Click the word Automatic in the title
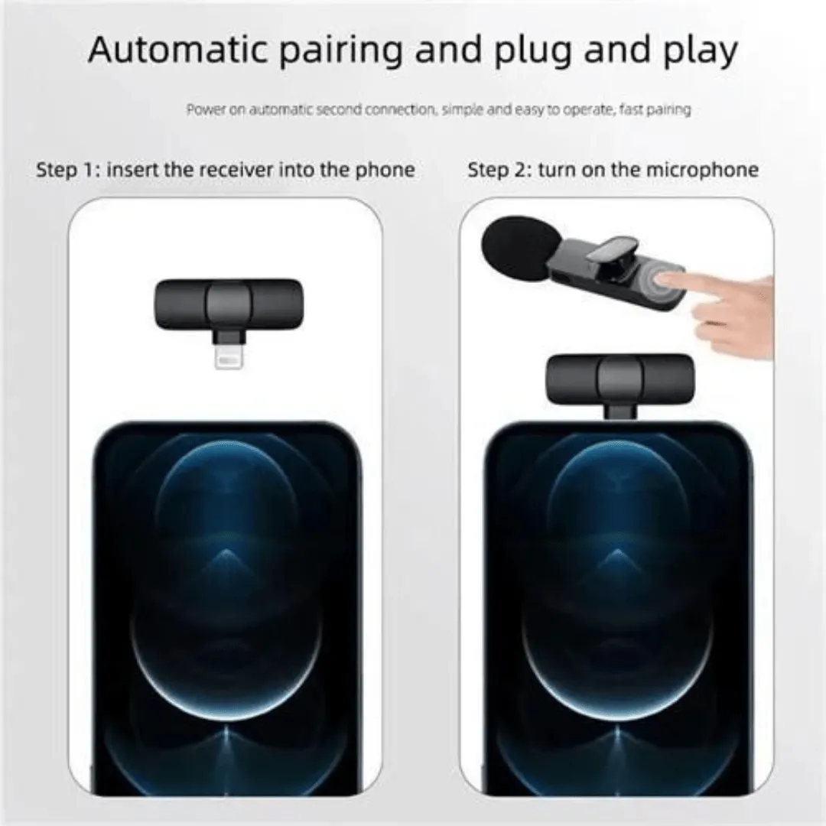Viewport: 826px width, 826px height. [x=178, y=50]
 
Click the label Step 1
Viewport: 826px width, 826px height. [x=68, y=170]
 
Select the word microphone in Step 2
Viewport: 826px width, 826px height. [x=701, y=170]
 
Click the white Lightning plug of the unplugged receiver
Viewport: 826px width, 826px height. [x=229, y=356]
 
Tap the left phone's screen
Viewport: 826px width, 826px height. [x=228, y=611]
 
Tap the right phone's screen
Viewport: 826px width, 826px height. [x=619, y=611]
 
